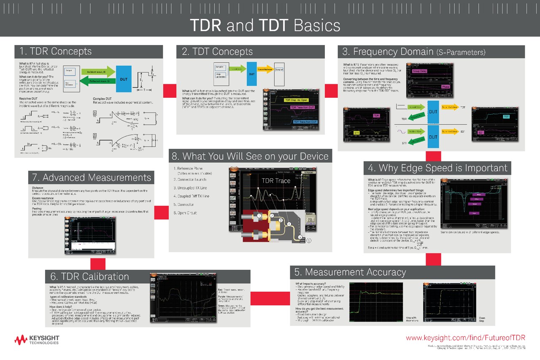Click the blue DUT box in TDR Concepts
point(123,79)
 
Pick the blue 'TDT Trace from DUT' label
point(305,122)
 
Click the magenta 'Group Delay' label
point(419,71)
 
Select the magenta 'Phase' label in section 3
point(445,87)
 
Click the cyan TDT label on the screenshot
point(506,117)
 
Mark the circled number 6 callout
point(308,240)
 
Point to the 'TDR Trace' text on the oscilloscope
point(275,181)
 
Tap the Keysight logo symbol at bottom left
point(21,339)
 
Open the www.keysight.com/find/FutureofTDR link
point(465,338)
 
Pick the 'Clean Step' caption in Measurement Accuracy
point(482,320)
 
